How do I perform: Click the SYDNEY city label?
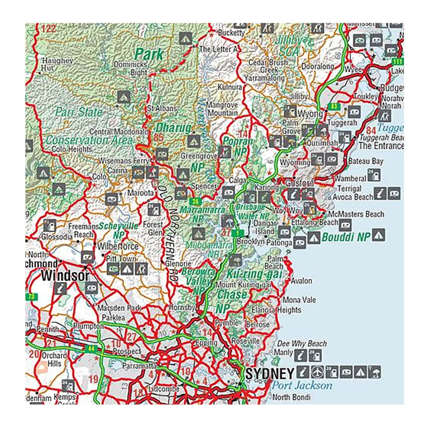pyautogui.click(x=270, y=374)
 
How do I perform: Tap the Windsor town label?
pyautogui.click(x=65, y=275)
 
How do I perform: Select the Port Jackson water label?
pyautogui.click(x=302, y=385)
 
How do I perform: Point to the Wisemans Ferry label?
pyautogui.click(x=124, y=161)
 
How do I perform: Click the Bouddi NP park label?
pyautogui.click(x=346, y=237)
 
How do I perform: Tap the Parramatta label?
pyautogui.click(x=139, y=366)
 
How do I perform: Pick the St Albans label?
pyautogui.click(x=162, y=108)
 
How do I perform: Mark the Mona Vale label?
pyautogui.click(x=299, y=300)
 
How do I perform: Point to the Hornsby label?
pyautogui.click(x=182, y=307)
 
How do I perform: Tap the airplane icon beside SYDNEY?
pyautogui.click(x=316, y=372)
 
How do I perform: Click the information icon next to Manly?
pyautogui.click(x=302, y=355)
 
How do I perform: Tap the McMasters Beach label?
pyautogui.click(x=356, y=214)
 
